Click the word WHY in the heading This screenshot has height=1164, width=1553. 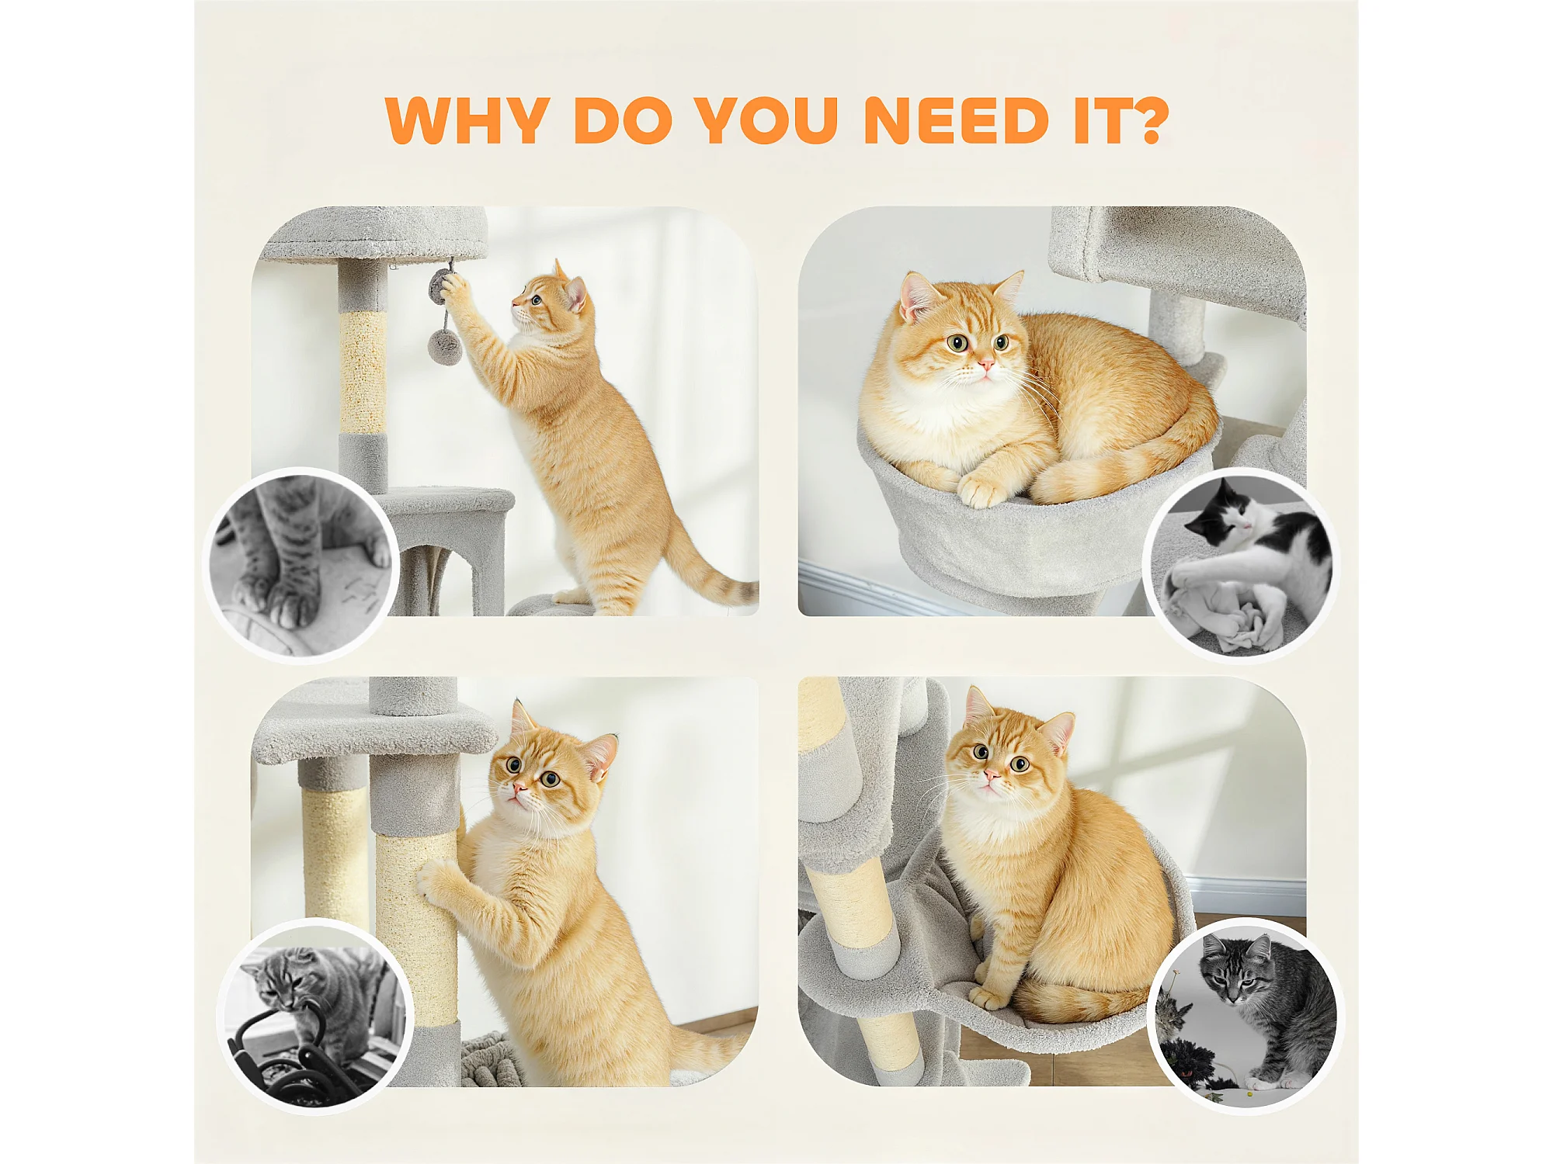tap(467, 120)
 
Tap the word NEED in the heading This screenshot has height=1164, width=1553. tap(957, 120)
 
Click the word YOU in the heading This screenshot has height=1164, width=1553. tap(766, 120)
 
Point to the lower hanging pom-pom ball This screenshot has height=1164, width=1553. tap(445, 346)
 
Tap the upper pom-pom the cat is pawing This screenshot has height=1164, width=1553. tap(441, 286)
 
